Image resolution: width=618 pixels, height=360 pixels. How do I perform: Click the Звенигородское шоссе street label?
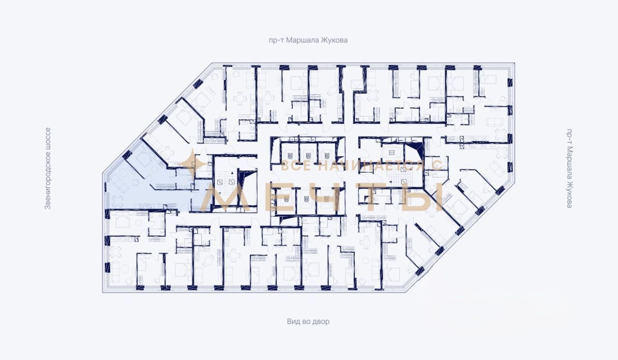pyautogui.click(x=48, y=168)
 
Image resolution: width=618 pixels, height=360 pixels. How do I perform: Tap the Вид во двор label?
pyautogui.click(x=308, y=321)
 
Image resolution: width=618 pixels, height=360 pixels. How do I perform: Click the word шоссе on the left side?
pyautogui.click(x=48, y=138)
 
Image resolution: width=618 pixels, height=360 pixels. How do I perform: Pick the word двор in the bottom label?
pyautogui.click(x=321, y=322)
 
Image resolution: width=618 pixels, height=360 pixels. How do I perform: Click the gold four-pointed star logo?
pyautogui.click(x=192, y=164)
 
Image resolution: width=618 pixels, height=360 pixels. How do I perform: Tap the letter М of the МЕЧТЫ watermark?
pyautogui.click(x=225, y=197)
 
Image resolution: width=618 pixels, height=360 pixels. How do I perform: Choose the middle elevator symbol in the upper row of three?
pyautogui.click(x=308, y=155)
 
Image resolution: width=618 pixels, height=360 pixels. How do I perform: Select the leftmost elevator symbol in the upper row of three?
pyautogui.click(x=290, y=155)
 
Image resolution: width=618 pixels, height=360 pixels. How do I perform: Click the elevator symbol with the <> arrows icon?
pyautogui.click(x=392, y=152)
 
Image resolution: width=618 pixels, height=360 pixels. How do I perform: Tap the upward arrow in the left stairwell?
pyautogui.click(x=233, y=173)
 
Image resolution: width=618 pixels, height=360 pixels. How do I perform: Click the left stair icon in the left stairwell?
pyautogui.click(x=220, y=181)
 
